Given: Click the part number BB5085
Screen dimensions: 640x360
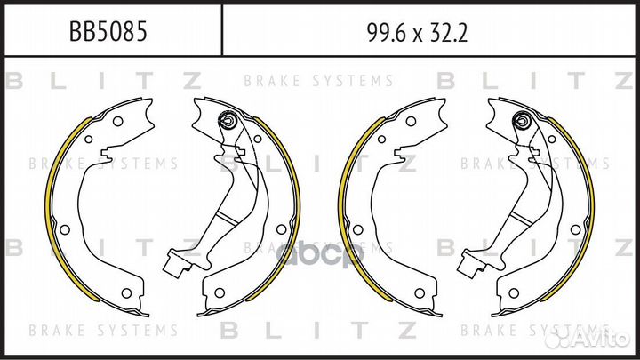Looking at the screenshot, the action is coord(108,32).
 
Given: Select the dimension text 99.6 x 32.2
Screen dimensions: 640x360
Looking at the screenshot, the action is coord(417,33).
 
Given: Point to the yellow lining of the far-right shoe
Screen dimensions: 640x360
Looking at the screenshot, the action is coord(580,208).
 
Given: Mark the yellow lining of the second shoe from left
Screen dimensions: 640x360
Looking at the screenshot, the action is coord(287,208).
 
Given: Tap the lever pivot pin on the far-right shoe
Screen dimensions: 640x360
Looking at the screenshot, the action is coord(521,120).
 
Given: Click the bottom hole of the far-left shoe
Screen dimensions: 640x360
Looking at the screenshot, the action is coord(126,293).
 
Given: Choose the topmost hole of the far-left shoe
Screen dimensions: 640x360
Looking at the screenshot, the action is coord(117,121).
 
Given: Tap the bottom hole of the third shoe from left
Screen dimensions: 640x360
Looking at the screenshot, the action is coord(420,293).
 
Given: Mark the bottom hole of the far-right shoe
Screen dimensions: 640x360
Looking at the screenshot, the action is coord(514,292).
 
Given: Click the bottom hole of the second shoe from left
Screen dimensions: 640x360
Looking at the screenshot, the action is coord(220,292).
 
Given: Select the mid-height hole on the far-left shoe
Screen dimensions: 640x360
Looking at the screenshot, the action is coord(65,230).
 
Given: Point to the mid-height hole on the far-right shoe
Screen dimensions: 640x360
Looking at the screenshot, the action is coord(575,229).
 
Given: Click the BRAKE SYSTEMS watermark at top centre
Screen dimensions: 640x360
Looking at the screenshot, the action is coord(318,81).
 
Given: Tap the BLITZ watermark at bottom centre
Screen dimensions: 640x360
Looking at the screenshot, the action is coord(318,330).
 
